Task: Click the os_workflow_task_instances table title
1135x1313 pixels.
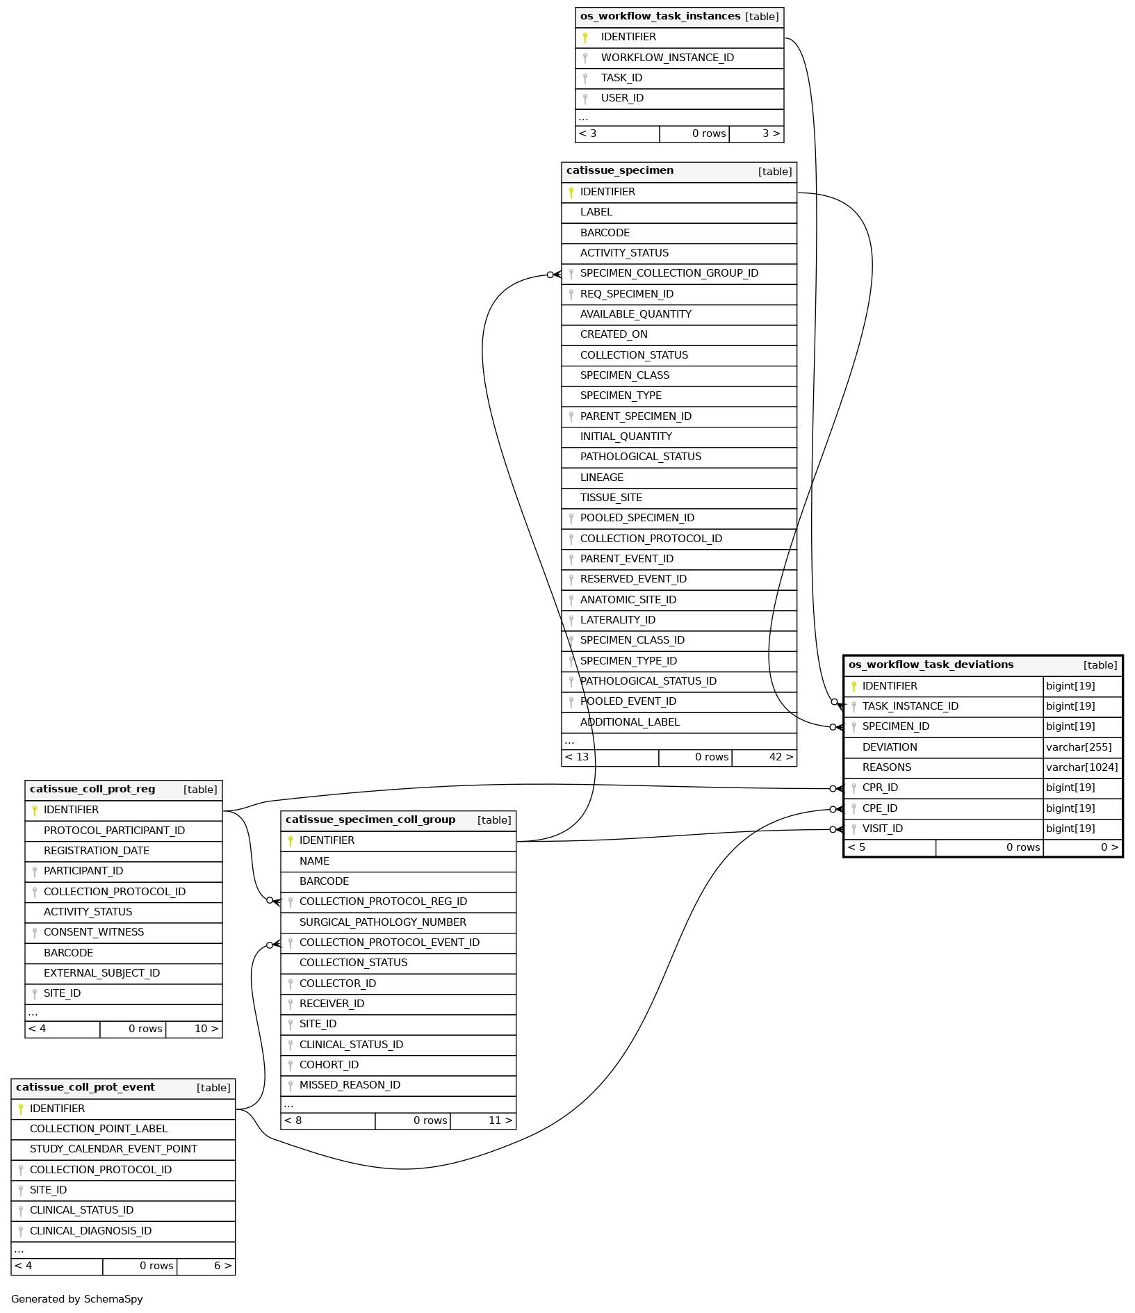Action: pyautogui.click(x=660, y=17)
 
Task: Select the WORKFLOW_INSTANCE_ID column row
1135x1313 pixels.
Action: pyautogui.click(x=667, y=58)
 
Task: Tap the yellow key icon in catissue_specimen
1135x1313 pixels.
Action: pyautogui.click(x=571, y=193)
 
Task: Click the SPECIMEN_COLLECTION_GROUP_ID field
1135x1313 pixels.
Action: pyautogui.click(x=669, y=274)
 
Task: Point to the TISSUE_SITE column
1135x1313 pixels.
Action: pyautogui.click(x=611, y=498)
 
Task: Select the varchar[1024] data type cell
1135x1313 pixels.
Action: pyautogui.click(x=1082, y=768)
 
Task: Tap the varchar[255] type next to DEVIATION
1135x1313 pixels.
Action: pyautogui.click(x=1079, y=748)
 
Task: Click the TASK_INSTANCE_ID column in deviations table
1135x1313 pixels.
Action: pyautogui.click(x=911, y=707)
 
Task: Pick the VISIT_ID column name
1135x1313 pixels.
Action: pyautogui.click(x=883, y=829)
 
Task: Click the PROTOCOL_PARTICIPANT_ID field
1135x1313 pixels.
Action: pyautogui.click(x=114, y=831)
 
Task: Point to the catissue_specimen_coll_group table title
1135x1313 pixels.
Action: pyautogui.click(x=370, y=820)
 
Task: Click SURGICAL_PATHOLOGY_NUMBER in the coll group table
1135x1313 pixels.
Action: pyautogui.click(x=383, y=922)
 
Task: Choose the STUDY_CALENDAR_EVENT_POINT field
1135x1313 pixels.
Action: pyautogui.click(x=113, y=1150)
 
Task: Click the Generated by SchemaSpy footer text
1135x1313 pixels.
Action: pyautogui.click(x=77, y=1299)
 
